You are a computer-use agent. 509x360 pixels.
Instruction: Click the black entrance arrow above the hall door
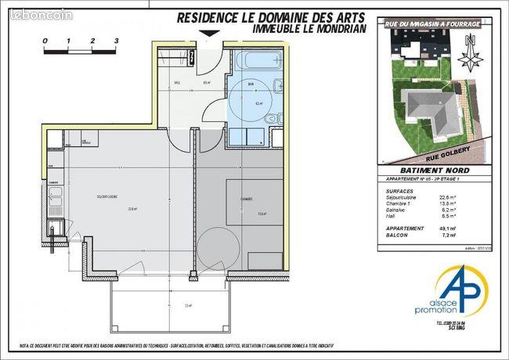point(208,33)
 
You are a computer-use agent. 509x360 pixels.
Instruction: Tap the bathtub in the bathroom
point(251,61)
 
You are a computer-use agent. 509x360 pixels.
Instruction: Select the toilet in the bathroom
point(271,118)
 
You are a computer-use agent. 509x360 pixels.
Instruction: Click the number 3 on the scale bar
point(116,39)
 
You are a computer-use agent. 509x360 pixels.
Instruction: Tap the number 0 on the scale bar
point(45,39)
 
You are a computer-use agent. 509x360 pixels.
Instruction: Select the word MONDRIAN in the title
point(330,27)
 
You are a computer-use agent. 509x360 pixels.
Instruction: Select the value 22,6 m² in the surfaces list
point(469,196)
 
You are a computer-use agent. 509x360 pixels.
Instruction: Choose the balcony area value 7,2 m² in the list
point(470,233)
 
